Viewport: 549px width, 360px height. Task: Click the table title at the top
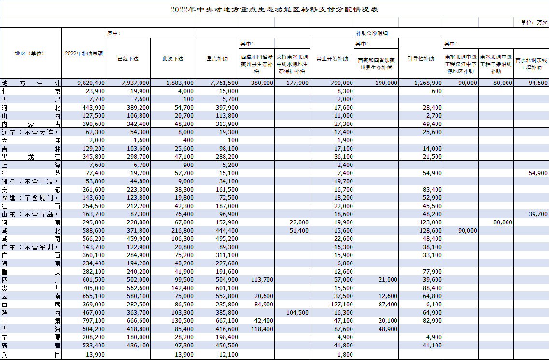click(x=274, y=9)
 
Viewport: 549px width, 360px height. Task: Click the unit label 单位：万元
click(x=534, y=22)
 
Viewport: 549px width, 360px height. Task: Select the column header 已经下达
click(x=128, y=59)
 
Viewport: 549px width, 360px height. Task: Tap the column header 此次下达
click(x=172, y=59)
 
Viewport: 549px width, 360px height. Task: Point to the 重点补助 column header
click(x=217, y=59)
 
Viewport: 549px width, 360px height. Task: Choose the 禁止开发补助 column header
click(x=332, y=59)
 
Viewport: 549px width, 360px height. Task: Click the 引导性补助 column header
click(x=421, y=59)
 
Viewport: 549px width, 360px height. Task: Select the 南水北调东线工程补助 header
click(x=531, y=64)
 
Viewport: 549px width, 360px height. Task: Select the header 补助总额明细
click(x=372, y=33)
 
